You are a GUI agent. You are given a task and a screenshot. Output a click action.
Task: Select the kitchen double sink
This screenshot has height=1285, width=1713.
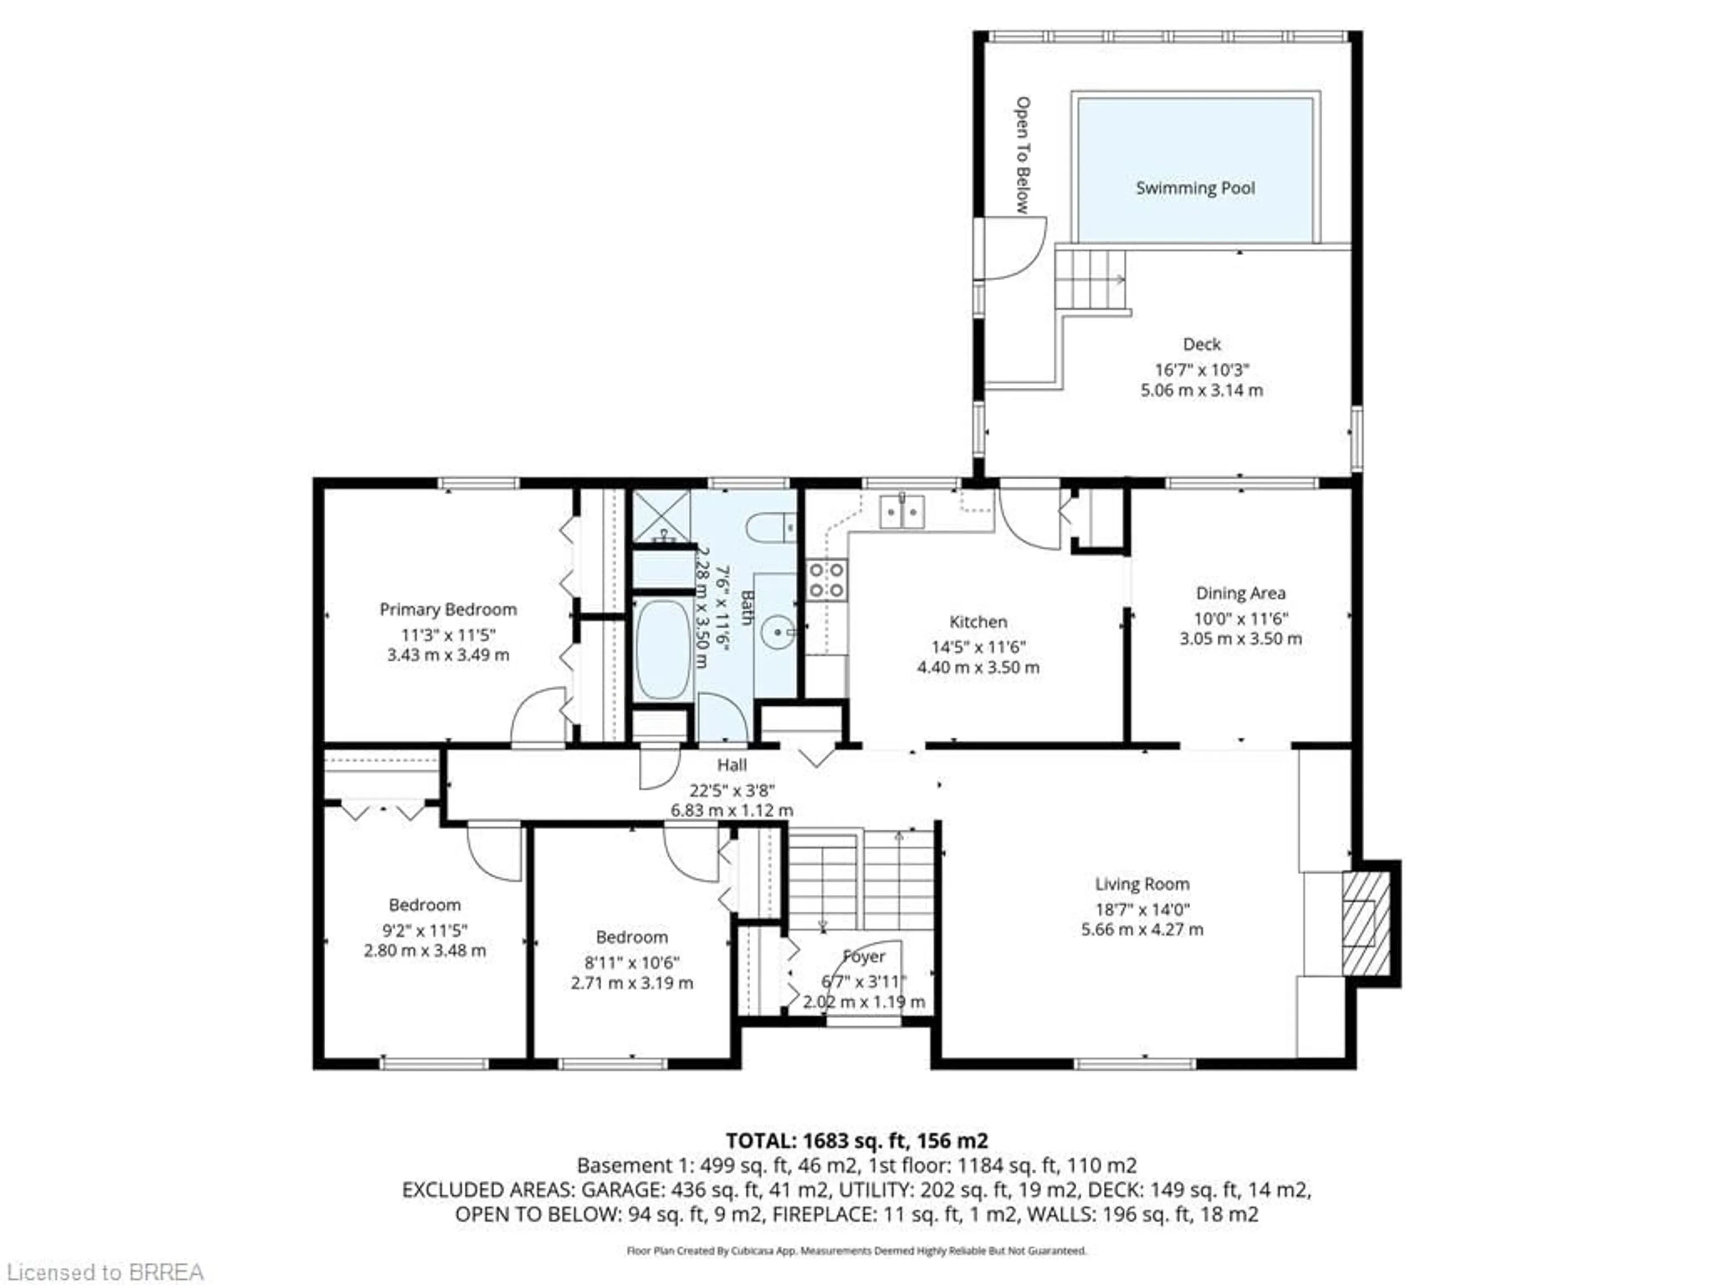(902, 512)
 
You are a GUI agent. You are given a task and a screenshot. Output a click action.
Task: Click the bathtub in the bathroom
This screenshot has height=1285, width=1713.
(663, 649)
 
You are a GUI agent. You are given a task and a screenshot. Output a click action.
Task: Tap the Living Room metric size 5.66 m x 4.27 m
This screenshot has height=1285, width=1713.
(1142, 929)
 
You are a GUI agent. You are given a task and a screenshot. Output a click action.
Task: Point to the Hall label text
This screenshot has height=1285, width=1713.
(732, 765)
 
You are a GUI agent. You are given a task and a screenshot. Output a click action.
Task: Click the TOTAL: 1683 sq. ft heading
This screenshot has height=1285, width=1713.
(856, 1140)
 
